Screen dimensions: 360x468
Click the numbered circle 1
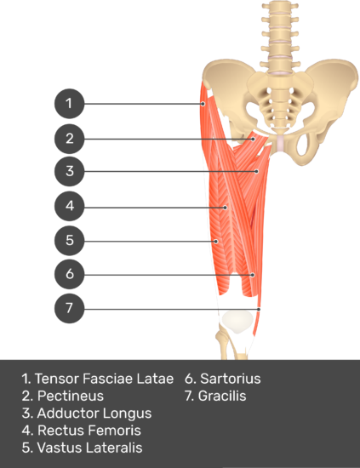coord(69,104)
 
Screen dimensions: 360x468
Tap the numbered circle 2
coord(69,139)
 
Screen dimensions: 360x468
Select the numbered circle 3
coord(69,171)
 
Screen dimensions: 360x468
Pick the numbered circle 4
coord(69,206)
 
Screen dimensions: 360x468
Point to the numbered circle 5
coord(69,241)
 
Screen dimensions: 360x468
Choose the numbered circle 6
coord(69,274)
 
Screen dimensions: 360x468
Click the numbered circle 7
coord(69,308)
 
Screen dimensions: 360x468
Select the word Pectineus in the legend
coord(70,396)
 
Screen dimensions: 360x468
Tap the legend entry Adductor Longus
coord(94,414)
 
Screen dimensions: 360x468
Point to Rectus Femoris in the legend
coord(89,431)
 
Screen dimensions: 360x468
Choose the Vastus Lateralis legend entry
coord(89,448)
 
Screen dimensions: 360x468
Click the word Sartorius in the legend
coord(230,379)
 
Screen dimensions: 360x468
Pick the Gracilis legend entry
coord(222,396)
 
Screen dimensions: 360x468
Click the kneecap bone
coord(237,321)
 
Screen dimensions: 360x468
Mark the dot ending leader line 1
coord(203,104)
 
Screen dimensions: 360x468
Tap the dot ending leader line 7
coord(259,310)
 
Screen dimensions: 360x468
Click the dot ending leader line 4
coord(226,208)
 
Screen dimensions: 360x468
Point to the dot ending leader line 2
coord(253,139)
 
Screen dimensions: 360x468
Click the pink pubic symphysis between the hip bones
coord(280,143)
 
